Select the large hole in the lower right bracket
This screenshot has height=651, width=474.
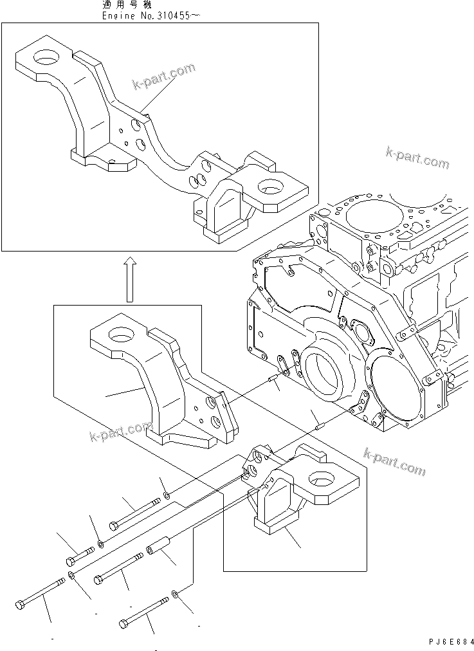[320, 479]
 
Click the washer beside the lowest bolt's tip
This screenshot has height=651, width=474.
[176, 592]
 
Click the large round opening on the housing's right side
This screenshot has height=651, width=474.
[398, 391]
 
